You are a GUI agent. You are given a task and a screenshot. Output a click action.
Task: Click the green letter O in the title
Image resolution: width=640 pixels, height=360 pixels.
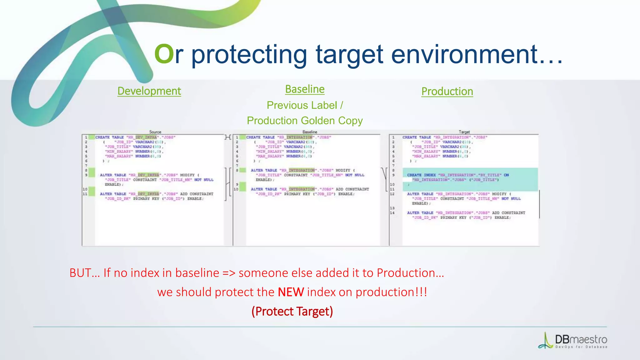pyautogui.click(x=164, y=54)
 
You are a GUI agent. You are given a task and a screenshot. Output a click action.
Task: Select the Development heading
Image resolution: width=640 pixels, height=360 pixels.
pyautogui.click(x=149, y=91)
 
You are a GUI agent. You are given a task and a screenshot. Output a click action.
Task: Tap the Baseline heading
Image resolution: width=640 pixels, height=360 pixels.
pyautogui.click(x=305, y=89)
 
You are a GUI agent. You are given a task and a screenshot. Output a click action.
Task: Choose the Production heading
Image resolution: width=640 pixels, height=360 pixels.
pyautogui.click(x=447, y=91)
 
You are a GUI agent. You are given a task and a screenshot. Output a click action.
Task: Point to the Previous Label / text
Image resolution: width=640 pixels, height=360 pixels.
pyautogui.click(x=305, y=105)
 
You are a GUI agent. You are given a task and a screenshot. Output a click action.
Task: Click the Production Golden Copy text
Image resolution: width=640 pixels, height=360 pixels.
pyautogui.click(x=305, y=121)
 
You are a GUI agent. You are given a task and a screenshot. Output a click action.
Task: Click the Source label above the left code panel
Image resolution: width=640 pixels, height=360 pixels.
pyautogui.click(x=155, y=132)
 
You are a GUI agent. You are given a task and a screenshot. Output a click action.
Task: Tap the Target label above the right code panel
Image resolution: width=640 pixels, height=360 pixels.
pyautogui.click(x=464, y=132)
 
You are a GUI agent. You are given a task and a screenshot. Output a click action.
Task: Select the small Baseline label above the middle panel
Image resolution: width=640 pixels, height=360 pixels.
pyautogui.click(x=310, y=132)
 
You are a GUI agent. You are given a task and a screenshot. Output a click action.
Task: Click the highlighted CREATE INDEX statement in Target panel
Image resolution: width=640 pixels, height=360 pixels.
pyautogui.click(x=421, y=175)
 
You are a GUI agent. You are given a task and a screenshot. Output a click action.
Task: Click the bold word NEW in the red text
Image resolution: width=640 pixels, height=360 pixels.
pyautogui.click(x=291, y=292)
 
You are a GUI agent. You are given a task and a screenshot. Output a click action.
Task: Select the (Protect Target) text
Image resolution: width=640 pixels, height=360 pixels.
pyautogui.click(x=292, y=311)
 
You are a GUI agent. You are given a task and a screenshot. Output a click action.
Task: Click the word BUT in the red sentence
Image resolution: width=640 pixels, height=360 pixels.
pyautogui.click(x=81, y=273)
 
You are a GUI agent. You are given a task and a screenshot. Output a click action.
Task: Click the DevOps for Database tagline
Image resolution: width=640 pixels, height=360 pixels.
pyautogui.click(x=581, y=347)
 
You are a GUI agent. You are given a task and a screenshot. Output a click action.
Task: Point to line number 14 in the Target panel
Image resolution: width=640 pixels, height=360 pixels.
pyautogui.click(x=392, y=213)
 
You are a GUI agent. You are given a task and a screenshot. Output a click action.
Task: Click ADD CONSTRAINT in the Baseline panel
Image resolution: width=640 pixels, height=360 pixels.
pyautogui.click(x=352, y=189)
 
